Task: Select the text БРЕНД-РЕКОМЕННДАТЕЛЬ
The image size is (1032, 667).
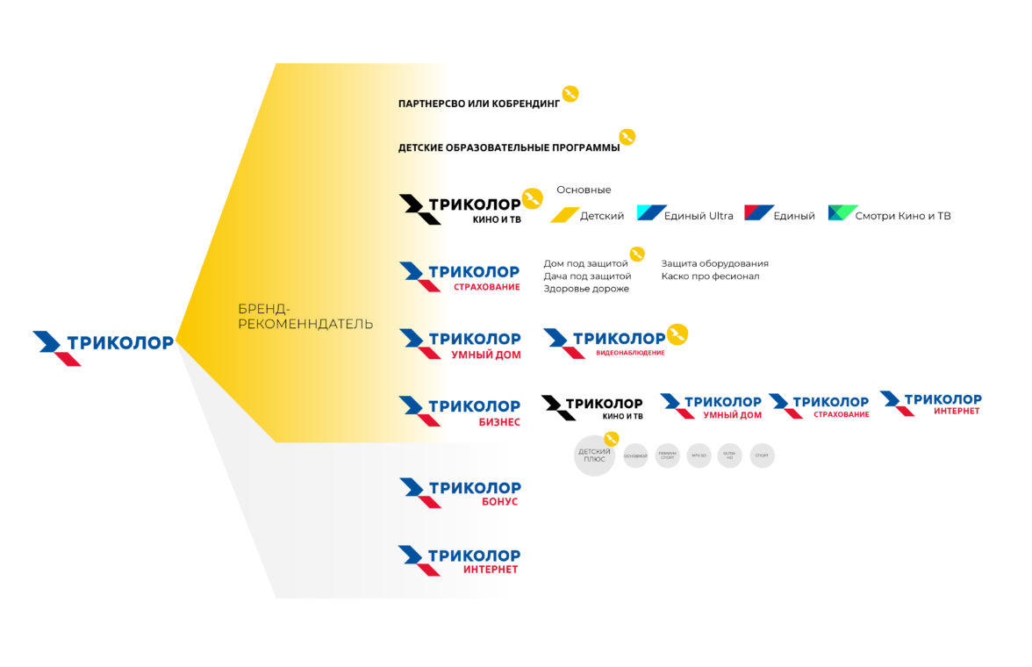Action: click(x=305, y=316)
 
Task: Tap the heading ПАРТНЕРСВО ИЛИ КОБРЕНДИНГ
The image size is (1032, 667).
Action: click(x=478, y=104)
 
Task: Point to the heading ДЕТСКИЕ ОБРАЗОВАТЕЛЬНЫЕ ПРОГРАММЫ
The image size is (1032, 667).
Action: click(x=509, y=147)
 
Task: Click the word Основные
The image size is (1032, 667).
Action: click(x=584, y=190)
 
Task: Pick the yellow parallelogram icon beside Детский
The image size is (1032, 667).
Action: click(x=564, y=215)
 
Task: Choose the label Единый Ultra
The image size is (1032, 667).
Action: click(x=699, y=216)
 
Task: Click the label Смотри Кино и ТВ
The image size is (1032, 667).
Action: click(x=903, y=216)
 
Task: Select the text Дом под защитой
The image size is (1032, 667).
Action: click(x=585, y=263)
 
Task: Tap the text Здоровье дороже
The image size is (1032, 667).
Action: click(x=586, y=289)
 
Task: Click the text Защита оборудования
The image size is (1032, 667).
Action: click(x=714, y=263)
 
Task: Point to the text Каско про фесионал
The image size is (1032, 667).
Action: click(x=710, y=276)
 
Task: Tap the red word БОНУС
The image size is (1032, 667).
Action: click(x=499, y=502)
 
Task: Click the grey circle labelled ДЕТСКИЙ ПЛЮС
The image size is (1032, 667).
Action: click(x=594, y=455)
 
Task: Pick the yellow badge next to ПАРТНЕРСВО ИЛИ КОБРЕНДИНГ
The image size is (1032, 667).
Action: click(x=570, y=94)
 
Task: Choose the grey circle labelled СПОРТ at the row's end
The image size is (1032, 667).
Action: click(x=763, y=455)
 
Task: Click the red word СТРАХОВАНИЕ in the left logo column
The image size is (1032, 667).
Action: click(x=486, y=287)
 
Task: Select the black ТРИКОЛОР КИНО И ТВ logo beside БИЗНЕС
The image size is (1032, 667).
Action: click(x=592, y=407)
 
